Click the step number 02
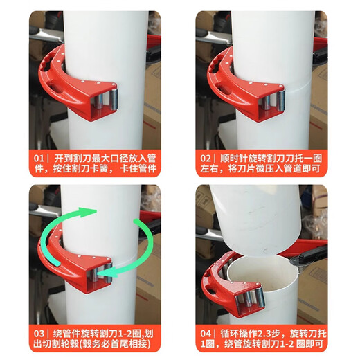(x=207, y=157)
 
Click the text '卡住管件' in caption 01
(x=134, y=169)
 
